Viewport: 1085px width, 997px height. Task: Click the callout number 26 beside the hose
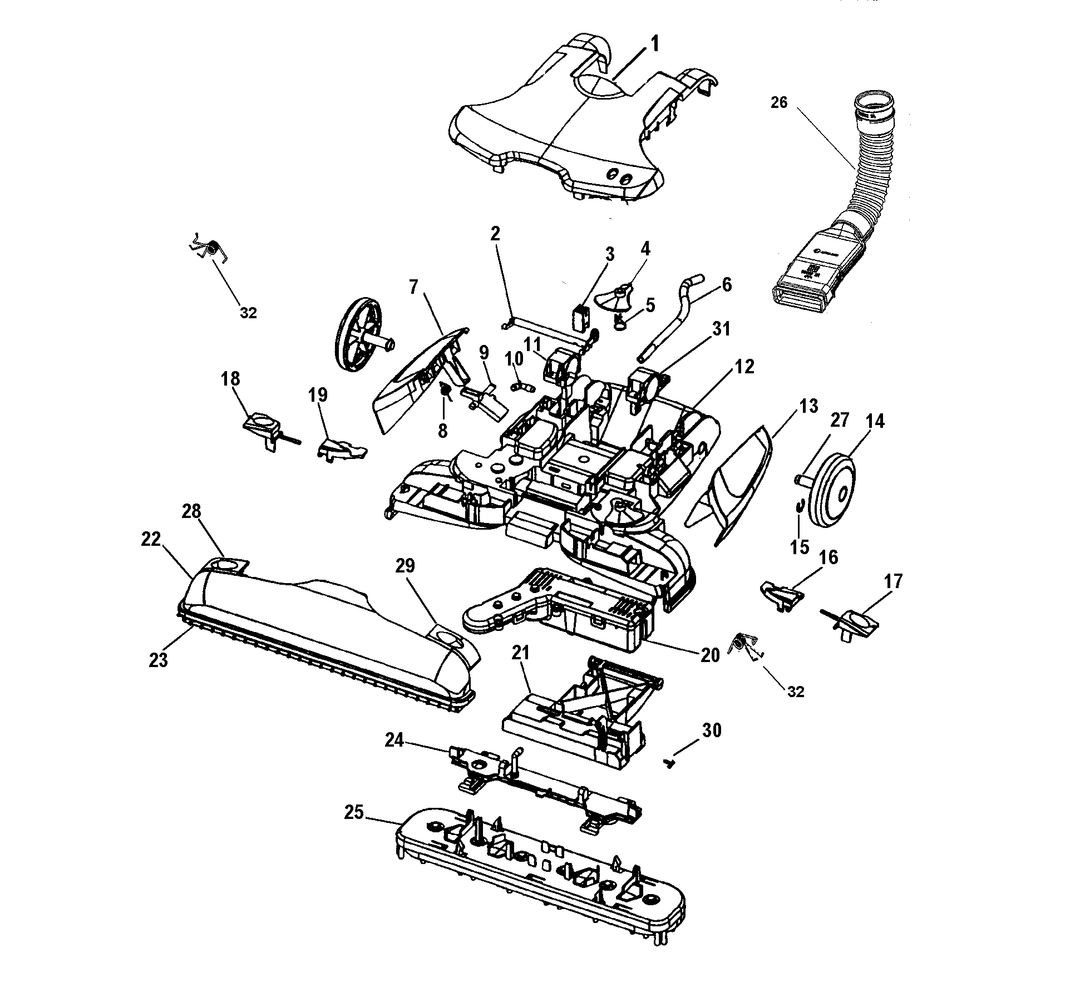pyautogui.click(x=779, y=102)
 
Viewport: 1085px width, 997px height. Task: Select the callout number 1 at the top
pyautogui.click(x=655, y=43)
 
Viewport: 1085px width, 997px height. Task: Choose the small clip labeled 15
pyautogui.click(x=800, y=506)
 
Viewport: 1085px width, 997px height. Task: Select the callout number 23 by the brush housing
pyautogui.click(x=159, y=660)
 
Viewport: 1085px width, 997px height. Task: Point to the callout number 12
pyautogui.click(x=744, y=367)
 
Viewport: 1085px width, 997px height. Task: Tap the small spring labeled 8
pyautogui.click(x=446, y=390)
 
